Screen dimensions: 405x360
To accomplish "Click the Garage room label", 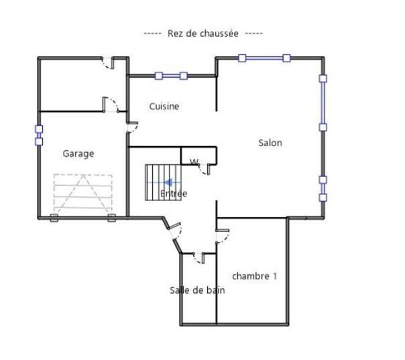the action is (78, 154).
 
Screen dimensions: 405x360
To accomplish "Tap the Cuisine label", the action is (164, 106).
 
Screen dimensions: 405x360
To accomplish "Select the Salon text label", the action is (270, 143).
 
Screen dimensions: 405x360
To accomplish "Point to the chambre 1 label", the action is (254, 276).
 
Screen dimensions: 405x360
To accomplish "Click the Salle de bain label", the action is (197, 290).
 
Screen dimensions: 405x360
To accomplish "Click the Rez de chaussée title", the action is (203, 34).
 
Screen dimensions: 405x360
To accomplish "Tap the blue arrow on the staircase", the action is (168, 182).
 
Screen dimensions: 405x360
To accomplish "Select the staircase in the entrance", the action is (163, 182).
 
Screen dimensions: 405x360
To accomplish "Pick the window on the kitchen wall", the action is (171, 76).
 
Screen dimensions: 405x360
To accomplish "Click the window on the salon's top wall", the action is (264, 58).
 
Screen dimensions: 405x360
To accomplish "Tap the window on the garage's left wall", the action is (39, 135).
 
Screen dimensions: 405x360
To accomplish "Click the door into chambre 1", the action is (223, 236).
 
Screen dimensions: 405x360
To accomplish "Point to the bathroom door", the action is (199, 258).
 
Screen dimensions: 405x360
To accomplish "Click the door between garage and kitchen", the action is (132, 127).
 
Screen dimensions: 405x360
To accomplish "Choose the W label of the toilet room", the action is (194, 162).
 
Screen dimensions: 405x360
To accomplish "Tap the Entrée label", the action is (174, 194).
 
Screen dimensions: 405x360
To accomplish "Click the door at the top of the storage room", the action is (108, 63).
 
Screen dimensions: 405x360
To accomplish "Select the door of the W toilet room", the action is (204, 170).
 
